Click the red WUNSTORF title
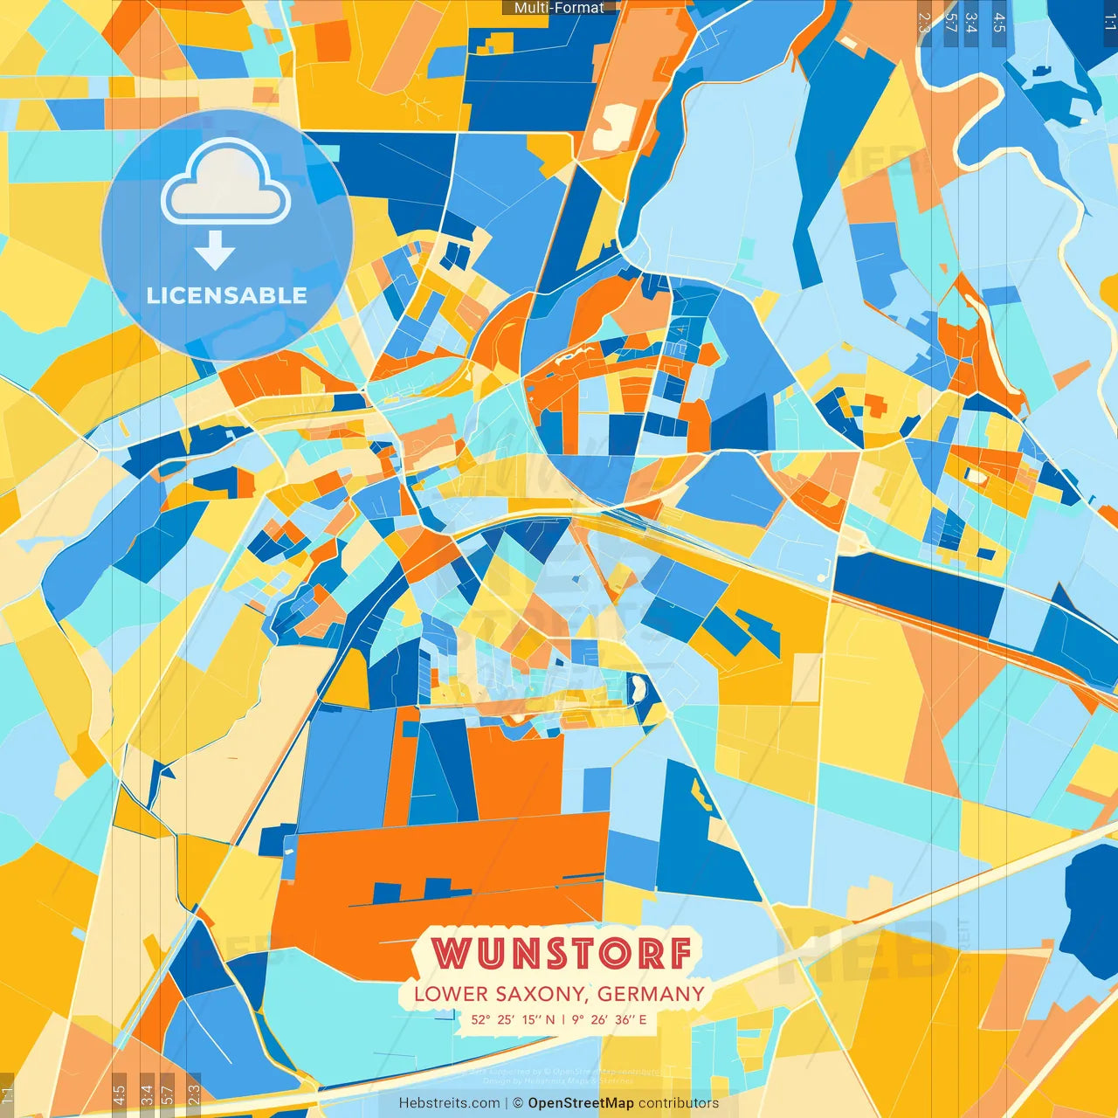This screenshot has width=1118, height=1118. click(x=562, y=953)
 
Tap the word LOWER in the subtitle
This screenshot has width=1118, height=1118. click(x=451, y=994)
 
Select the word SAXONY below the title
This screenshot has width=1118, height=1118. click(x=542, y=994)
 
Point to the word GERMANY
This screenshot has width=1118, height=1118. click(x=651, y=994)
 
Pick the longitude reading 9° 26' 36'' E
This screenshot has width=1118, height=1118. click(x=610, y=1019)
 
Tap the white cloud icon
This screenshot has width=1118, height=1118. click(x=225, y=185)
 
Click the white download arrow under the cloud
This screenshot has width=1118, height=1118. click(x=215, y=251)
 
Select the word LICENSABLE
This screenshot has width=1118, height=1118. click(x=227, y=295)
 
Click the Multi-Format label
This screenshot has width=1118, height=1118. click(x=559, y=8)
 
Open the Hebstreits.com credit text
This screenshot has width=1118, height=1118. click(x=449, y=1103)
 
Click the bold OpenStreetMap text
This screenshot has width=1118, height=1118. click(x=581, y=1103)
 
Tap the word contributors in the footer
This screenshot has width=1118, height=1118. click(x=679, y=1103)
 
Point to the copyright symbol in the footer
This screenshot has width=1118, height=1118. click(x=517, y=1103)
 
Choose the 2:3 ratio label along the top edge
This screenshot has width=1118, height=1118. click(x=924, y=23)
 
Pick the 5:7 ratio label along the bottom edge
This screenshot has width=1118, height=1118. click(x=167, y=1094)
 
